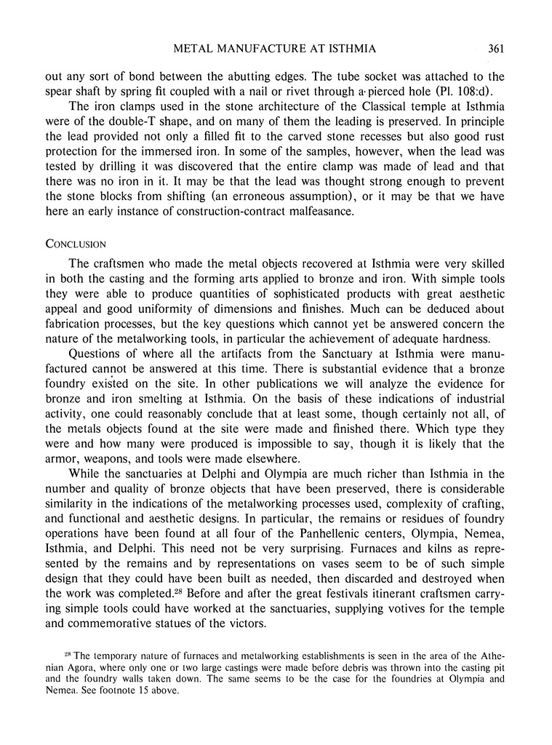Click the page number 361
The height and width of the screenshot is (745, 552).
pyautogui.click(x=497, y=49)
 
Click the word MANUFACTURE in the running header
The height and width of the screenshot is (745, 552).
pyautogui.click(x=266, y=49)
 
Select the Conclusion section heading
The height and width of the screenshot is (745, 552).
pyautogui.click(x=76, y=244)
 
